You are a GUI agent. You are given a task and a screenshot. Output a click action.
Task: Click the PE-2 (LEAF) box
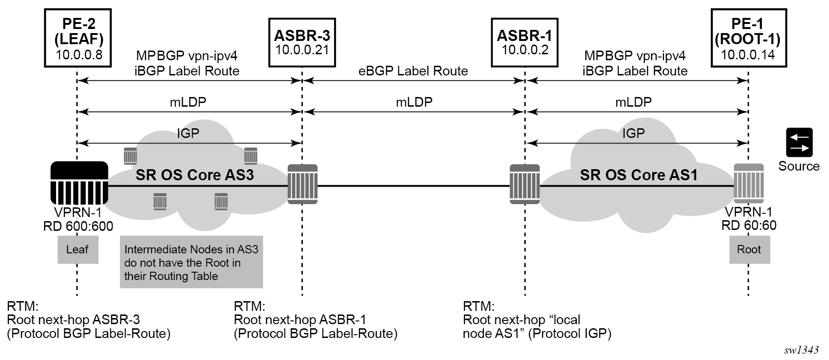point(79,38)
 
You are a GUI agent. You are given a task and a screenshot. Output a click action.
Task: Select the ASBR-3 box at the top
point(302,42)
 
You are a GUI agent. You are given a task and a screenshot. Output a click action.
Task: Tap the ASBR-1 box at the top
point(524,42)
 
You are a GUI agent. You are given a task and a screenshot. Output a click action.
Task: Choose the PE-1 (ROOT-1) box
point(747,38)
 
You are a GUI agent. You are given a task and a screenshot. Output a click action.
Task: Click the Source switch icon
point(799,143)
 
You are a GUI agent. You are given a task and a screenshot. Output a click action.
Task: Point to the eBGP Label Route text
point(413,71)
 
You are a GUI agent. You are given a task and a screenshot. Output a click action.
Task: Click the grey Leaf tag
point(78,250)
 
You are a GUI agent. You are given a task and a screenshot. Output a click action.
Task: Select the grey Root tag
point(749,250)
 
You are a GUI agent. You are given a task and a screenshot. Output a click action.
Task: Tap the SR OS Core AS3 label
point(194,175)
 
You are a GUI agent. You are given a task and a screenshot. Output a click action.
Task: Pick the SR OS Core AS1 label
point(638,175)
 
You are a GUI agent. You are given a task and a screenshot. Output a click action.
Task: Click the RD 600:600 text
point(78,226)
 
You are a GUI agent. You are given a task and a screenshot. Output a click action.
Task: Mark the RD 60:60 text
point(749,226)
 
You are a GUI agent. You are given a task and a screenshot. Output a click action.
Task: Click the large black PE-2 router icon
point(79,183)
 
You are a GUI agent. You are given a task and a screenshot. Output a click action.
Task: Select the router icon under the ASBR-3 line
point(302,184)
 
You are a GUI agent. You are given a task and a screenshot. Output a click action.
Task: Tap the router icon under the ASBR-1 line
point(525,184)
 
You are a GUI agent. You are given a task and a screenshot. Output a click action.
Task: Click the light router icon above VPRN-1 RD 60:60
point(749,184)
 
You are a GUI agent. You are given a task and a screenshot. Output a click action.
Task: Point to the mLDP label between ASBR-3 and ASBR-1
point(414,102)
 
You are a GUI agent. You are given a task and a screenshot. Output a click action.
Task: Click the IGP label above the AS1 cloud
point(633,133)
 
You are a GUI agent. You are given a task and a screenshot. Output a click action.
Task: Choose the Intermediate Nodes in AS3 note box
point(191,263)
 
